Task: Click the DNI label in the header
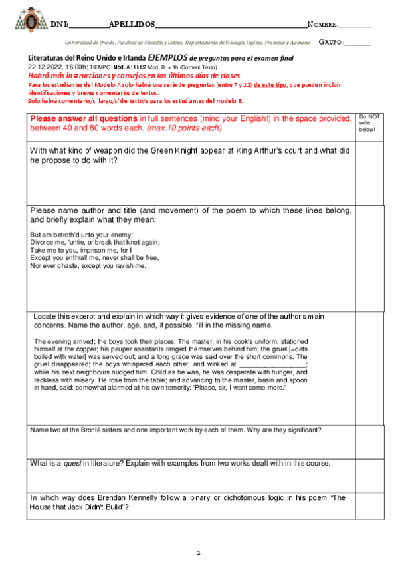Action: (x=59, y=24)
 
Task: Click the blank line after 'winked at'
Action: (x=273, y=364)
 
